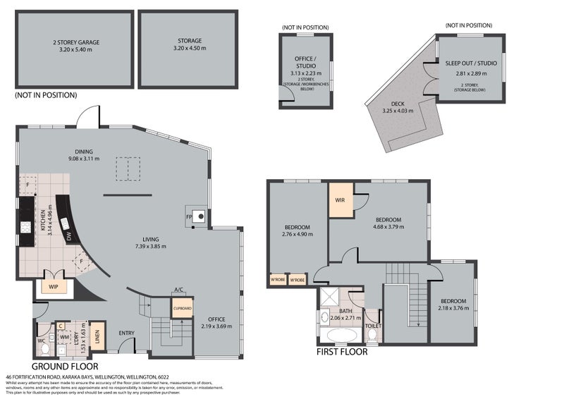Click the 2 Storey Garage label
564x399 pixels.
coord(76,42)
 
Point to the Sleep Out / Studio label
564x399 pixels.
coord(470,63)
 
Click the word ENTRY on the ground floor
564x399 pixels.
coord(127,333)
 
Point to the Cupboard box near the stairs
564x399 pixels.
coord(182,308)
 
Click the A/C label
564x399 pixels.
coord(178,289)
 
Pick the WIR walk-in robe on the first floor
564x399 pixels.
coord(341,200)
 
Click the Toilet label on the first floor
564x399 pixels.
coord(373,326)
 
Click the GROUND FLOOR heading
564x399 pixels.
coord(65,367)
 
